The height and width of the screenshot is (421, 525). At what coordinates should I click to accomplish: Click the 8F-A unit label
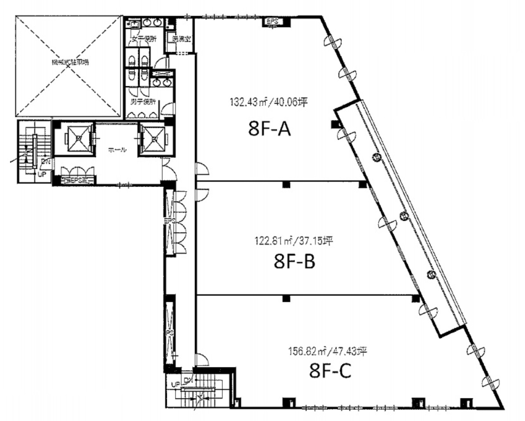(x=269, y=129)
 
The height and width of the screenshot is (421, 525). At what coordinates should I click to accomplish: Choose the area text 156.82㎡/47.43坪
(x=327, y=350)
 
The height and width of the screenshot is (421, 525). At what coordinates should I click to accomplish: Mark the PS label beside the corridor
(x=170, y=333)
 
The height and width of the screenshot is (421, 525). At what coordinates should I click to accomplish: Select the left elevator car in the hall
(x=78, y=138)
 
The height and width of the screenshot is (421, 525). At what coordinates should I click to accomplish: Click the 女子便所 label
(x=144, y=39)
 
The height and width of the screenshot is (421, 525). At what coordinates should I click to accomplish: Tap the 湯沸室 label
(x=180, y=39)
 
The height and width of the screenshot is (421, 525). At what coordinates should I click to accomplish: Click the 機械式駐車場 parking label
(x=69, y=62)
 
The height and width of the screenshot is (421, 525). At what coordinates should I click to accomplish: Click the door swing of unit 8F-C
(x=202, y=359)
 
